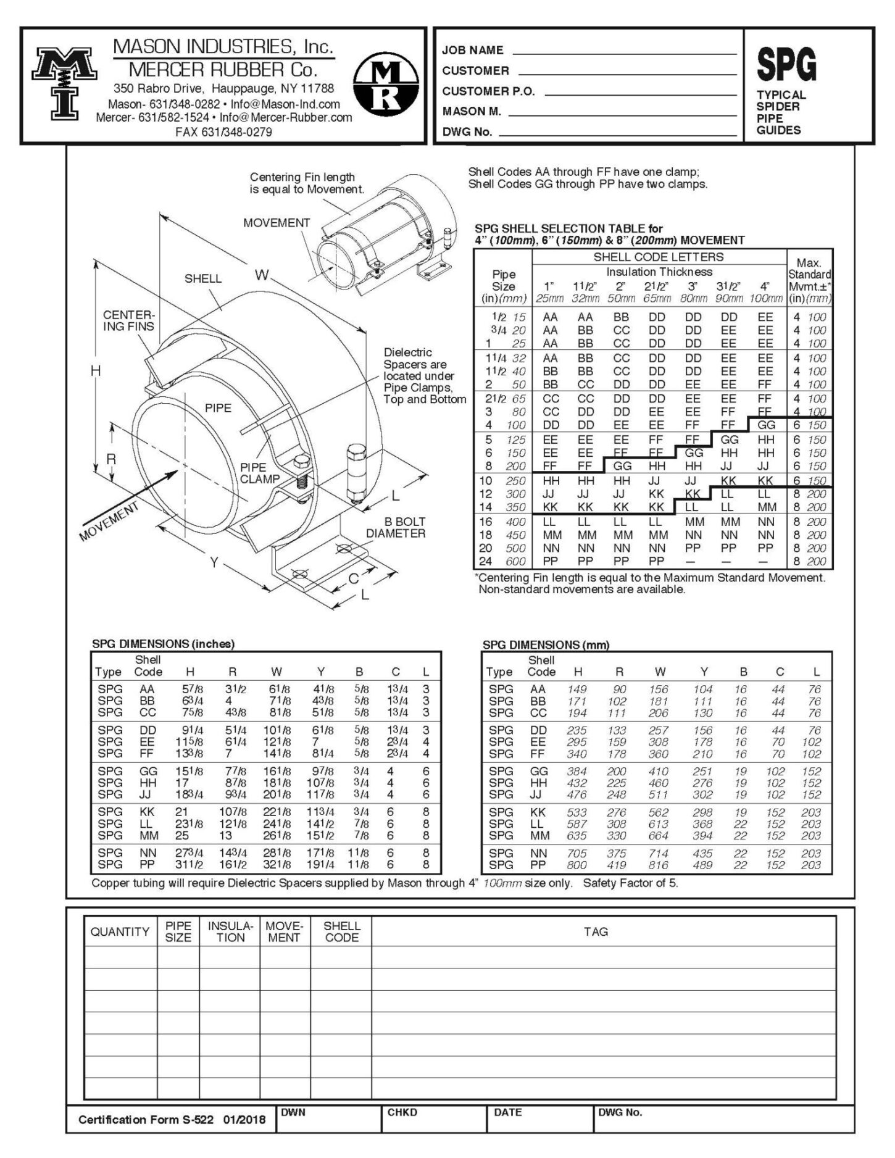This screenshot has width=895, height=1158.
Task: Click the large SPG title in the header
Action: (786, 65)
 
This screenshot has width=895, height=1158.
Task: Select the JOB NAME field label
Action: (472, 51)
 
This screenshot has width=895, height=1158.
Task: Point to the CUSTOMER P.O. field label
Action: (488, 91)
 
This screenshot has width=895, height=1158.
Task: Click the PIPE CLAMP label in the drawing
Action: (260, 473)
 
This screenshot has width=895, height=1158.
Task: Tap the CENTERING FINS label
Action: (128, 320)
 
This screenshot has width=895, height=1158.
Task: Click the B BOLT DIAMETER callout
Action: (396, 528)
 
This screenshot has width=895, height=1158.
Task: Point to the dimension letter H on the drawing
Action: (96, 370)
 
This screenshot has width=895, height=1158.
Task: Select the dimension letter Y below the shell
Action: (214, 562)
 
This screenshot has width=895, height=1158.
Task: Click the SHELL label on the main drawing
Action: (202, 278)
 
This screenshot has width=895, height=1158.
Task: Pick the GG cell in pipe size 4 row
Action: (766, 425)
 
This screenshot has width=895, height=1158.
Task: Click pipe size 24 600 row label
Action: (502, 561)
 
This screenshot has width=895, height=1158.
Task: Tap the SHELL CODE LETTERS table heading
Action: (658, 257)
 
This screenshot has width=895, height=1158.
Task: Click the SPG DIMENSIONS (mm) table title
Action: (546, 644)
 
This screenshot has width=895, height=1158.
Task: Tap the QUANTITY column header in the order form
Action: (120, 931)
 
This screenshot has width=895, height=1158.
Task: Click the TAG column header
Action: (595, 931)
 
